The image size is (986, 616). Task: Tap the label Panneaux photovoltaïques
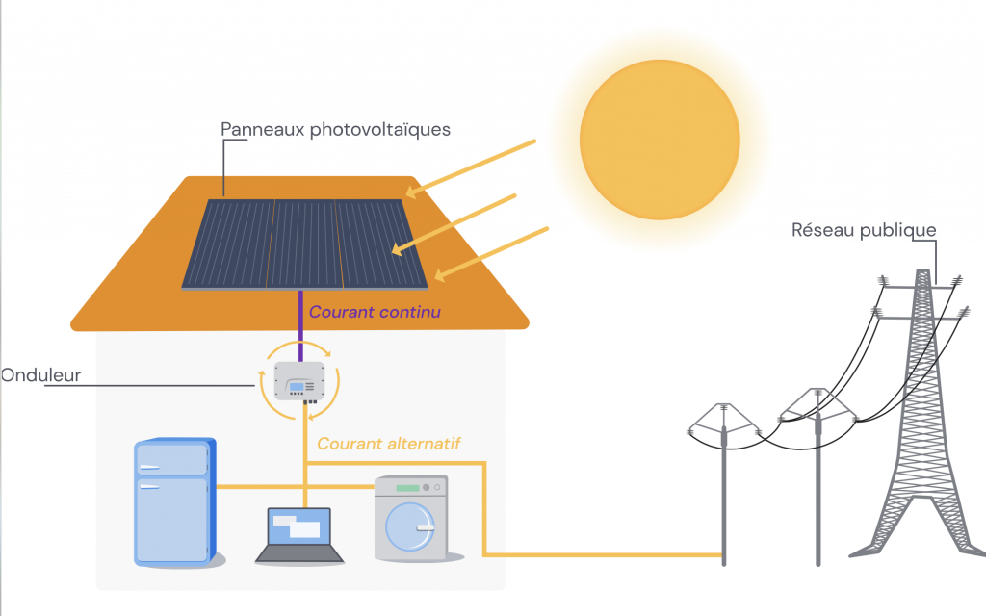click(335, 129)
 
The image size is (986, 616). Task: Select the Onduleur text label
click(40, 375)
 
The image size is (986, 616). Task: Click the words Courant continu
click(375, 312)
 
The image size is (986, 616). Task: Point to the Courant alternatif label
click(389, 444)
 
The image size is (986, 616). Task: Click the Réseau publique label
click(863, 230)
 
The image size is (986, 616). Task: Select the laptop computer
click(298, 535)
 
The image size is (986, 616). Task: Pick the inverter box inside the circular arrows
click(299, 382)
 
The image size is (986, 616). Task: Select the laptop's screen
click(298, 526)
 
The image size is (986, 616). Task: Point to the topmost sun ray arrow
click(471, 166)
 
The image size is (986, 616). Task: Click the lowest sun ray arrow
click(491, 253)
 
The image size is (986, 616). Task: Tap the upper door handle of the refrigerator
click(148, 467)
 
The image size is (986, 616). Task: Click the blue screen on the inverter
click(297, 386)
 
